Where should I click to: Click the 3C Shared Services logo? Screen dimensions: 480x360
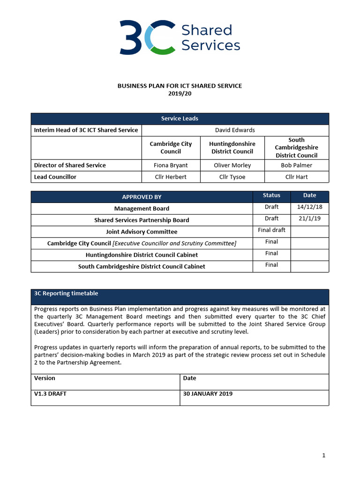180,37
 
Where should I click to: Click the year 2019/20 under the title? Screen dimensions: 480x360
180,93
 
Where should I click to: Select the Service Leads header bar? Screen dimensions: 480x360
180,119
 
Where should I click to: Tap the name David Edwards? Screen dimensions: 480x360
235,130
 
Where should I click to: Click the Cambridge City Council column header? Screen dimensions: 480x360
171,148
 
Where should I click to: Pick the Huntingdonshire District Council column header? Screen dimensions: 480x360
232,148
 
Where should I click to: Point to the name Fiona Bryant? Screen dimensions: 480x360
171,165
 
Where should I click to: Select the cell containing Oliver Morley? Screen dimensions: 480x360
232,165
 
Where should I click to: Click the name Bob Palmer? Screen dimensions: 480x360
296,165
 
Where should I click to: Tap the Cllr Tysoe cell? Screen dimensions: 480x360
232,177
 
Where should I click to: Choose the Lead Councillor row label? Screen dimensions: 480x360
55,177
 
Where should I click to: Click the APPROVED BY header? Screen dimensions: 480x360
142,197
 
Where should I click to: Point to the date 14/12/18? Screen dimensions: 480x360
309,207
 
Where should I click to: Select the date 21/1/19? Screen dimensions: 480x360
309,218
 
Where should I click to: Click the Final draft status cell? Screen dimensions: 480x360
271,230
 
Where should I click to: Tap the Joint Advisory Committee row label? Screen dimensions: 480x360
142,232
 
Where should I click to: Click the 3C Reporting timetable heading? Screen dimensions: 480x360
66,293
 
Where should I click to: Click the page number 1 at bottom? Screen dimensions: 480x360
323,455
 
